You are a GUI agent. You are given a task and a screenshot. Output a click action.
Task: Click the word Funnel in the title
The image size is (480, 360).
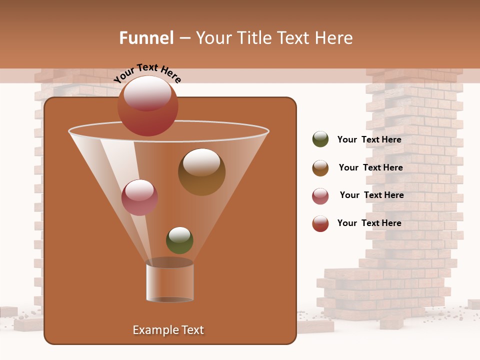146,38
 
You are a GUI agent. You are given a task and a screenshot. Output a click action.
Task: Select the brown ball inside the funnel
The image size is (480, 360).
201,172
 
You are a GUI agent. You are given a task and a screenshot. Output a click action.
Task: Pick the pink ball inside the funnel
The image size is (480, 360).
139,197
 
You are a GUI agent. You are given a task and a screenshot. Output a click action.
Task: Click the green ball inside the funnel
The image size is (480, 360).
179,240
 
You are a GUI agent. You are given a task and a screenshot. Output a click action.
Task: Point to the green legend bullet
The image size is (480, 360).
320,139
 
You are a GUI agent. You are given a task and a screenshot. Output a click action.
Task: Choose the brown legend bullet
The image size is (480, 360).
320,168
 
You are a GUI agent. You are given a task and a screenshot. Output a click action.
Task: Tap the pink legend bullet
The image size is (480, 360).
320,196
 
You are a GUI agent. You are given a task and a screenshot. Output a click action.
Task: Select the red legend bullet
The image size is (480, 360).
320,223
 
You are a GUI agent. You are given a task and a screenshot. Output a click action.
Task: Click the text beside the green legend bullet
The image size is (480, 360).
369,140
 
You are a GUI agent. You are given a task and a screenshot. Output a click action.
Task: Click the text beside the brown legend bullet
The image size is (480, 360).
370,167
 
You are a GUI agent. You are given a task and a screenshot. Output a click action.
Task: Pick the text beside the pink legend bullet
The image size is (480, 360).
371,195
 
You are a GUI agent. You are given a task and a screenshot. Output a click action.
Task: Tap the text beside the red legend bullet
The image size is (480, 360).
369,223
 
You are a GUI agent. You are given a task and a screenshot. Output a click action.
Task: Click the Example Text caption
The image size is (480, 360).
168,330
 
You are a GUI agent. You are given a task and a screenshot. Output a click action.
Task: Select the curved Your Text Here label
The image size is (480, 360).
147,73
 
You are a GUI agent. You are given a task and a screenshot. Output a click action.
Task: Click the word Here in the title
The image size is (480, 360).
334,38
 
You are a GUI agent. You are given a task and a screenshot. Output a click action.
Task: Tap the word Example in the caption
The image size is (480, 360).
151,330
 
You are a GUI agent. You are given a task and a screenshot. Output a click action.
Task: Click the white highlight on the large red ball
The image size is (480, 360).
147,93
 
